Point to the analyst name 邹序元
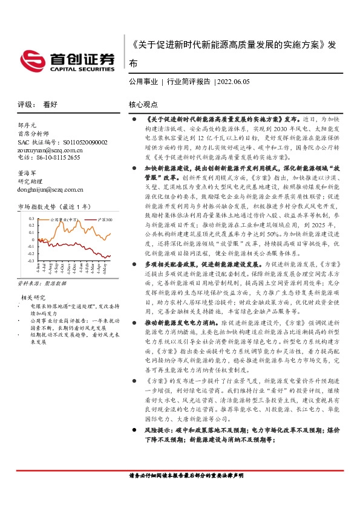pyautogui.click(x=28, y=124)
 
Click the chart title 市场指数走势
pyautogui.click(x=37, y=206)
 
